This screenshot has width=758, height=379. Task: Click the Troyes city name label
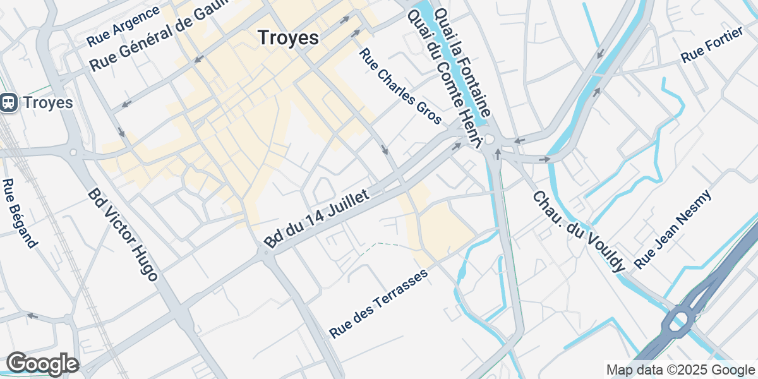click(x=288, y=38)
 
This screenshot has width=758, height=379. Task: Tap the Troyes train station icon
click(x=9, y=102)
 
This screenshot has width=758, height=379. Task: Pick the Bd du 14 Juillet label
click(x=316, y=220)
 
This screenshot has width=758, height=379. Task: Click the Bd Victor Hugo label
click(x=123, y=234)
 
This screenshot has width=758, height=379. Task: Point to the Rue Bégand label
click(x=19, y=213)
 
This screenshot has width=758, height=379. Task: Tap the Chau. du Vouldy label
click(x=579, y=231)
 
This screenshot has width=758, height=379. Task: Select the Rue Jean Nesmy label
click(x=673, y=229)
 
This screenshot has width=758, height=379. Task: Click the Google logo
click(x=42, y=364)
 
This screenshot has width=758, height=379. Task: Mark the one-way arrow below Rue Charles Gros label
click(x=385, y=150)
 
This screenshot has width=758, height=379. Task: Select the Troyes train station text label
click(x=47, y=102)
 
